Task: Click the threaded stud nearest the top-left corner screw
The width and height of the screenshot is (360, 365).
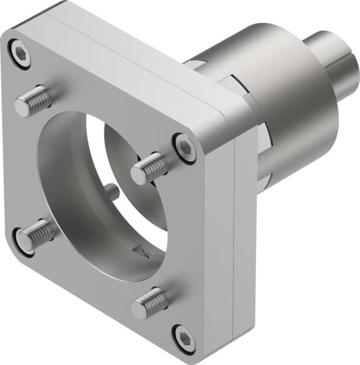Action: pos(34,101)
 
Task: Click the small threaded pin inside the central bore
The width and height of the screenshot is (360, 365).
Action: pos(111,191)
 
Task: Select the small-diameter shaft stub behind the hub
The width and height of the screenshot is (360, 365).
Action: pos(328,55)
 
